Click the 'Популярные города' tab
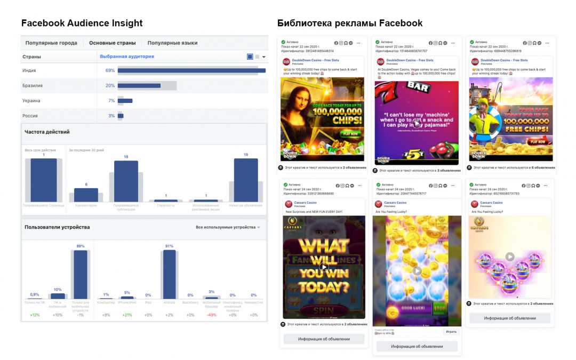click(51, 43)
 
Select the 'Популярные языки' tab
click(172, 43)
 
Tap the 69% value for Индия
click(110, 70)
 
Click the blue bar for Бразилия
click(139, 85)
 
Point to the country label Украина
click(31, 101)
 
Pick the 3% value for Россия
click(111, 116)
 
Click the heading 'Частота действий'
click(47, 132)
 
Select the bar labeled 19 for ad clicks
click(246, 180)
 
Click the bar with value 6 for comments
click(86, 195)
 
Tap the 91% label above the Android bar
click(169, 246)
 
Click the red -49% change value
click(211, 315)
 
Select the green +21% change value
click(127, 315)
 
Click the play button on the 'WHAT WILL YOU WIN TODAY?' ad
click(323, 268)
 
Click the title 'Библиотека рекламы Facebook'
click(350, 23)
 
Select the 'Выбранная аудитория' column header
click(127, 57)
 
